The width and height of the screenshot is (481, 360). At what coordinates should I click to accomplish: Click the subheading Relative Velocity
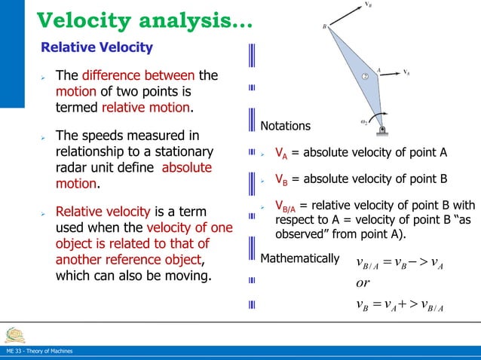coord(97,48)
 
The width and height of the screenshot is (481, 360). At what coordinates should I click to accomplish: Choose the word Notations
coord(285,126)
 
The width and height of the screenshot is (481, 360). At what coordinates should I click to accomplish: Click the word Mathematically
coord(299,259)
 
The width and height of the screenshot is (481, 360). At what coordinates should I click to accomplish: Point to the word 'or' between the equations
coord(363,284)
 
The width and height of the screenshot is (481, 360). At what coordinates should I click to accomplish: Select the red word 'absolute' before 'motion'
coord(187,167)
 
